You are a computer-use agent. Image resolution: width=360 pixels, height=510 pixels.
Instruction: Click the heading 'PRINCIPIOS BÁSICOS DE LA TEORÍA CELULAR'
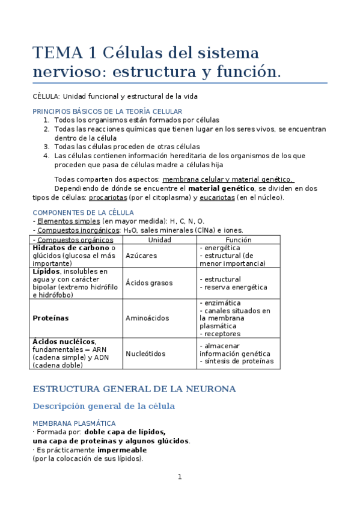[107, 111]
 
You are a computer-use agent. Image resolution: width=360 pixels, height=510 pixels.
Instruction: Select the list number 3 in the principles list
[46, 146]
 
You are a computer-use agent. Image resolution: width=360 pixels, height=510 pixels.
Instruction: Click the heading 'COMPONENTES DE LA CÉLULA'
[83, 212]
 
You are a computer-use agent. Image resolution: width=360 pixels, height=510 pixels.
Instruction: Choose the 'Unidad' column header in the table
[159, 239]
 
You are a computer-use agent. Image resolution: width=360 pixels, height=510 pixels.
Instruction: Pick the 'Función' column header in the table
[238, 239]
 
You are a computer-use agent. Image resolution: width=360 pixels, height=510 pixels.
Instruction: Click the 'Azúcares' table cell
[141, 256]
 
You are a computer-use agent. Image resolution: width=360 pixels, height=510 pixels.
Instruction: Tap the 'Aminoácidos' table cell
[147, 318]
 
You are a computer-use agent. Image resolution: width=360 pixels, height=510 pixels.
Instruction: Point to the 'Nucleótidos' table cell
[145, 354]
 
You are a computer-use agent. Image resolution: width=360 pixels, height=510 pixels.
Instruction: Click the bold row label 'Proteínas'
[50, 318]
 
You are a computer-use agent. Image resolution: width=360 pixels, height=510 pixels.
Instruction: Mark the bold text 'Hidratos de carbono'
[71, 248]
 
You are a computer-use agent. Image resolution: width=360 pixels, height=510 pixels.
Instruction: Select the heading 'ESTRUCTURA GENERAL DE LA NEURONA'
[134, 389]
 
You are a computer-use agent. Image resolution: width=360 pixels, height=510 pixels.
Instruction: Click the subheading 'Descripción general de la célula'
[103, 406]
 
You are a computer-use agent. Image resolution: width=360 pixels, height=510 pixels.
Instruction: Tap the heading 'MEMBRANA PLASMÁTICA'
[74, 423]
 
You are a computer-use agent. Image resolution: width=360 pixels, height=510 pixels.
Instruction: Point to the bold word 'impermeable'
[121, 450]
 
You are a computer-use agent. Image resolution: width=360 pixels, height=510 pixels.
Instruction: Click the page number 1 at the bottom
[179, 477]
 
